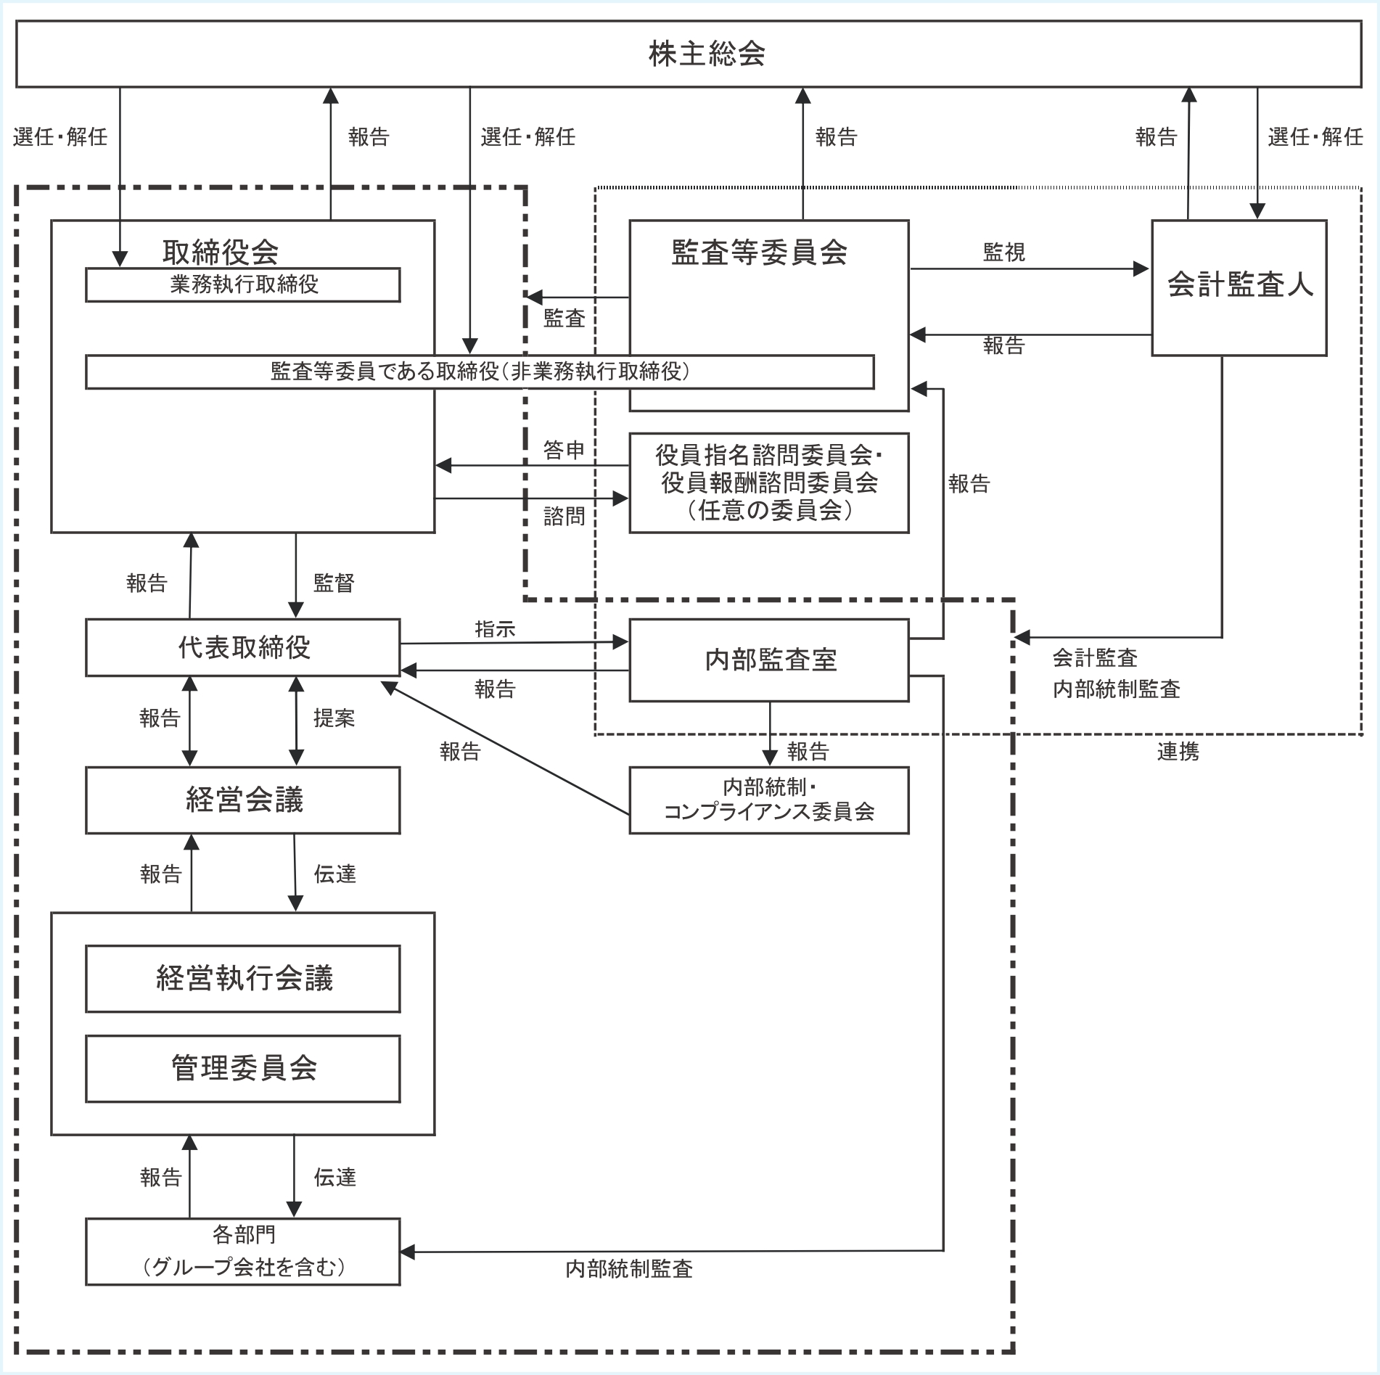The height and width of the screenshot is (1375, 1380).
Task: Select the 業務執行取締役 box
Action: (x=243, y=285)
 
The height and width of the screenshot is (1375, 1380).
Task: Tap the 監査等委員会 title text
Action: (x=759, y=253)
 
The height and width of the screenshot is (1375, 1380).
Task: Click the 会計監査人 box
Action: (x=1239, y=287)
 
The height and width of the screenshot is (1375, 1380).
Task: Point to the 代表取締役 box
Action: (x=243, y=647)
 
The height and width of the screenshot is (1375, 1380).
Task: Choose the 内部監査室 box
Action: (x=769, y=660)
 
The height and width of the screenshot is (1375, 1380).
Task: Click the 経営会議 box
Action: (x=243, y=800)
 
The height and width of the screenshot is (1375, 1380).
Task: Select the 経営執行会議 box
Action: (x=243, y=978)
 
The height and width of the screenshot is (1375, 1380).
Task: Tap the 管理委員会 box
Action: (x=243, y=1068)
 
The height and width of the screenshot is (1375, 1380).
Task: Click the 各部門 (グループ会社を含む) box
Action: (x=243, y=1251)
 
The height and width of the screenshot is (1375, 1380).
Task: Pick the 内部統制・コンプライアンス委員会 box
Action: (x=769, y=800)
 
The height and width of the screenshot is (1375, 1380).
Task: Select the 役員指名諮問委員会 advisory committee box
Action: (x=769, y=483)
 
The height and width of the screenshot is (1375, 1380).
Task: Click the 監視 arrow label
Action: (x=1003, y=253)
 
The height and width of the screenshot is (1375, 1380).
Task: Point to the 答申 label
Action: (x=564, y=451)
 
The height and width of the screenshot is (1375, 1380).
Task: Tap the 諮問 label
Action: (x=564, y=517)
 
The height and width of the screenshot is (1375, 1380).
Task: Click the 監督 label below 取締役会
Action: (x=334, y=583)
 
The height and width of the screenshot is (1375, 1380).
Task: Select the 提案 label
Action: (x=334, y=718)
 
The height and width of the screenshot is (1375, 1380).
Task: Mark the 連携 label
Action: (x=1178, y=752)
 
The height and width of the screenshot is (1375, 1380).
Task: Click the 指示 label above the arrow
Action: (x=495, y=629)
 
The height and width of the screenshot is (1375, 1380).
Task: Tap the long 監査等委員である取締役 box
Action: (x=479, y=372)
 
